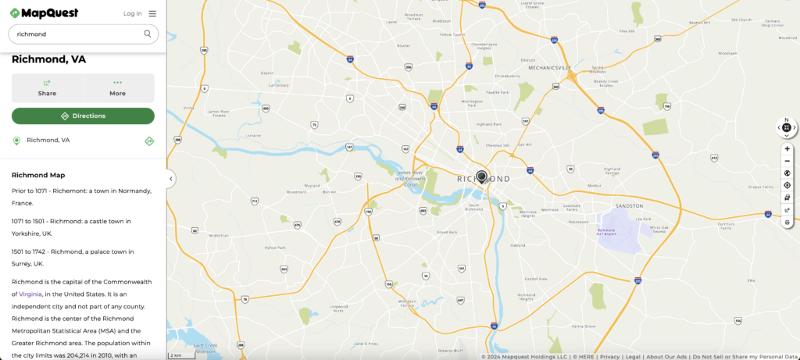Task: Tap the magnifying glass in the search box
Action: pos(147,34)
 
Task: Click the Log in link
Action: pos(133,13)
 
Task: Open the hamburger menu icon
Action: pos(152,13)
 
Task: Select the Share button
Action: pos(47,87)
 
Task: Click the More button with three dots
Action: pos(118,87)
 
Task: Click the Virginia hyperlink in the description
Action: pos(31,294)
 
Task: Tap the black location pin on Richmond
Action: pos(482,176)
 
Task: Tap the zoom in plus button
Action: pos(787,148)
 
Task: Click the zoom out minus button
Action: pos(787,161)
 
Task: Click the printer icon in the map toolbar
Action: pos(787,223)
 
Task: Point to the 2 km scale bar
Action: pos(181,355)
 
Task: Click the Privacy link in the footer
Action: pos(610,356)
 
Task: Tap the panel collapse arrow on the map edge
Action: pos(171,179)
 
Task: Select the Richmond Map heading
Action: pos(38,175)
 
